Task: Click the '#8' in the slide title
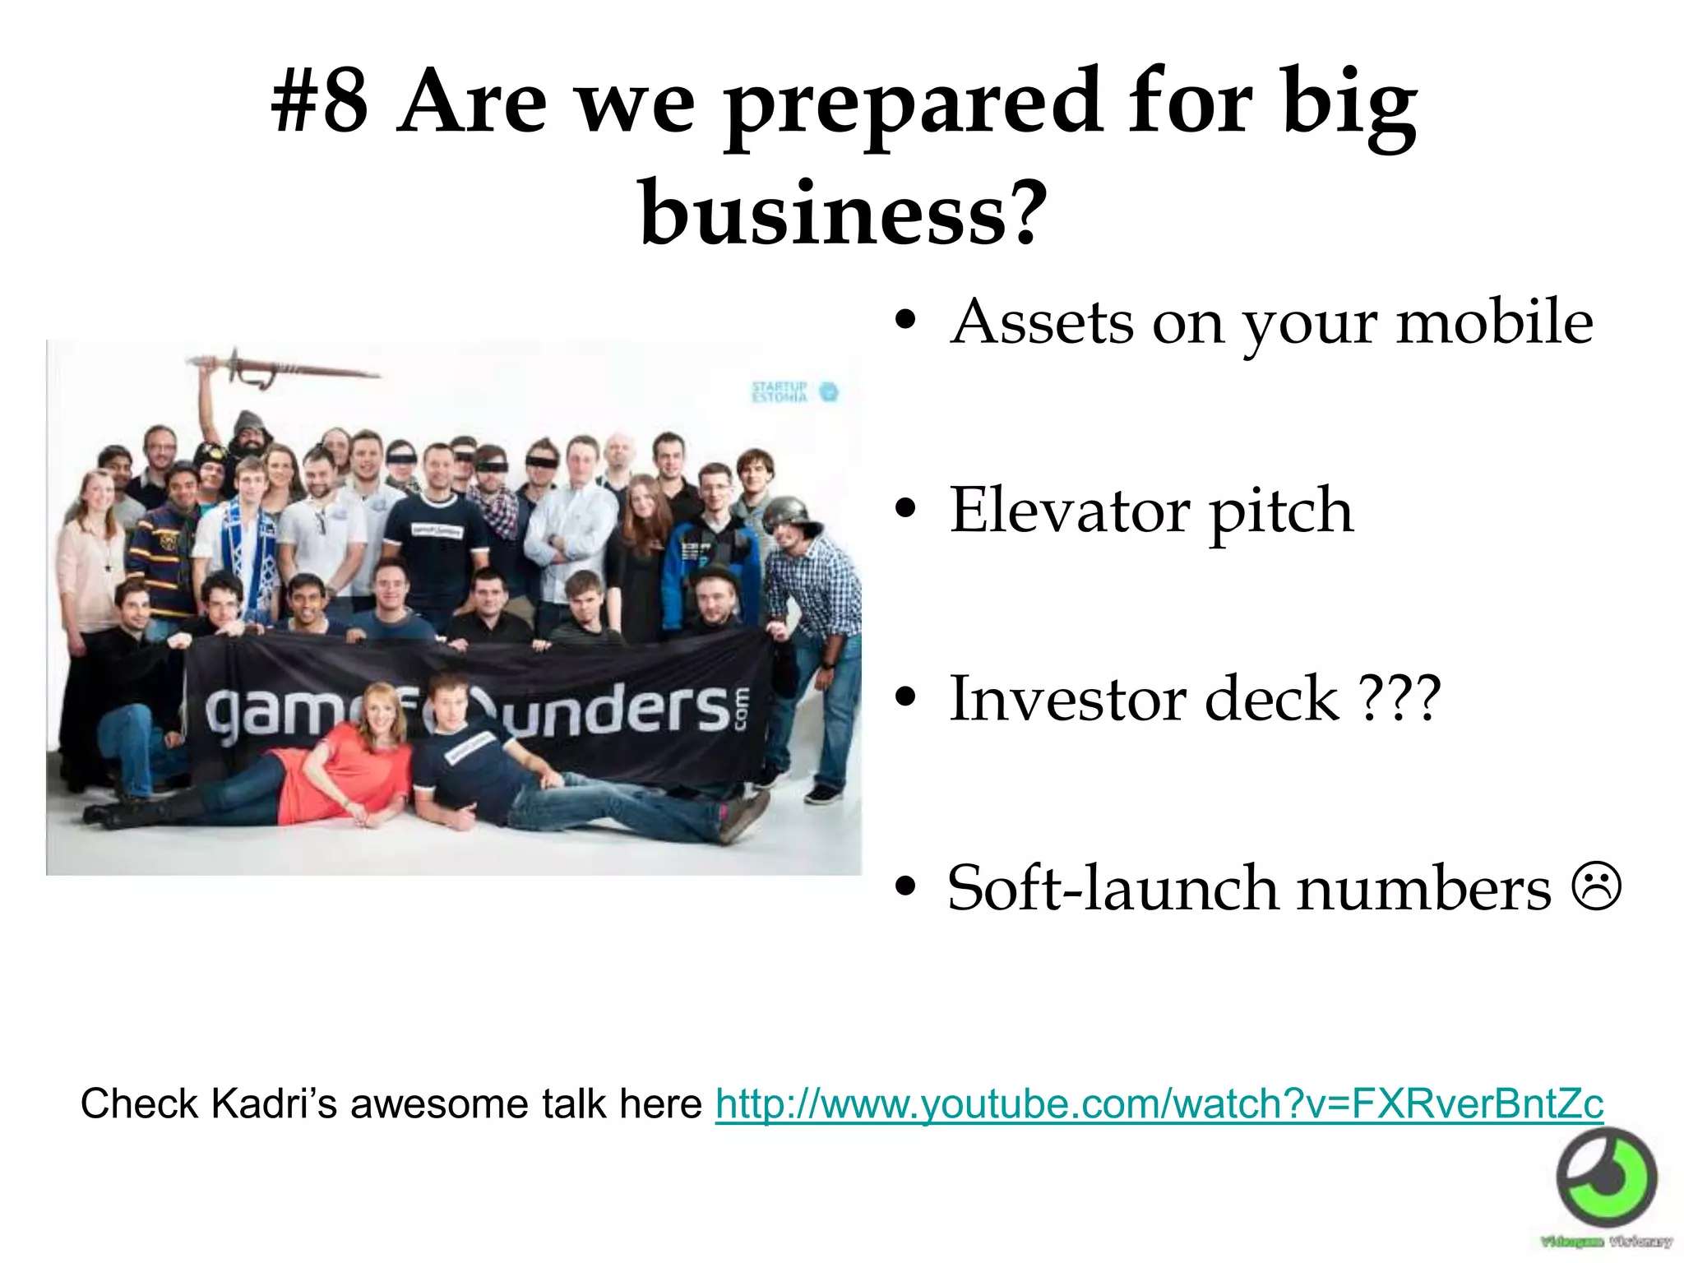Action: pyautogui.click(x=320, y=103)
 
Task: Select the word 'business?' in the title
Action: pyautogui.click(x=844, y=212)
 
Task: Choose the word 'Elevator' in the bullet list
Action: pyautogui.click(x=1068, y=511)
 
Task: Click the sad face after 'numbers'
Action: pyautogui.click(x=1598, y=886)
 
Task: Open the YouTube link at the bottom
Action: pyautogui.click(x=1159, y=1103)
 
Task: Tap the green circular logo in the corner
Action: pyautogui.click(x=1608, y=1177)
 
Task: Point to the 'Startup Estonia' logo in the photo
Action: pyautogui.click(x=793, y=391)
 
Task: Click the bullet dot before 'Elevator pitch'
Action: pyautogui.click(x=906, y=511)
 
